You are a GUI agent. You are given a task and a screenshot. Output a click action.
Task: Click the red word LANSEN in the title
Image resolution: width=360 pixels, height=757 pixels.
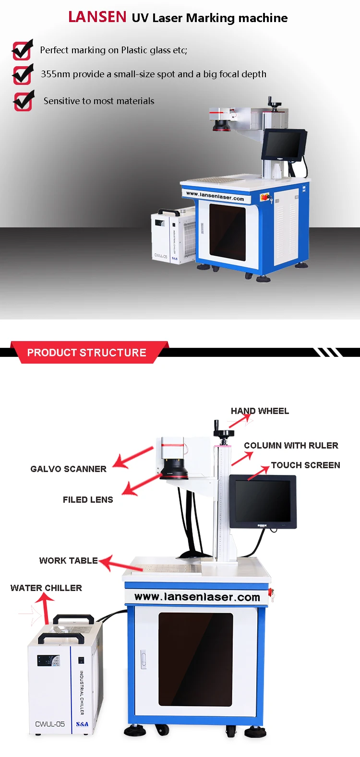tap(97, 17)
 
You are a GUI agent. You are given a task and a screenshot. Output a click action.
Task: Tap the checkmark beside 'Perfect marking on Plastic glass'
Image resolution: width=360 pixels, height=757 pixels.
tap(22, 49)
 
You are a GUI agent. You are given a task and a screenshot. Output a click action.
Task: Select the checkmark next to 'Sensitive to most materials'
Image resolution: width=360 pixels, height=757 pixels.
tap(24, 101)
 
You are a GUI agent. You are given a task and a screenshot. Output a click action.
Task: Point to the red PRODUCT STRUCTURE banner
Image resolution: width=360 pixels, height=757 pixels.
tap(87, 353)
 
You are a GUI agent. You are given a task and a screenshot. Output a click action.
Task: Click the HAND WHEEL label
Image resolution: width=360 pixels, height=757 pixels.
tap(260, 411)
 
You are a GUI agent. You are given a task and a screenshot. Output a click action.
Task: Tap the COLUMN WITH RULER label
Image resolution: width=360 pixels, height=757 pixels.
tap(291, 446)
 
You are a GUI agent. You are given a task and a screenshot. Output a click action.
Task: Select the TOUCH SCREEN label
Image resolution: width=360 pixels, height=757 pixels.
tap(305, 465)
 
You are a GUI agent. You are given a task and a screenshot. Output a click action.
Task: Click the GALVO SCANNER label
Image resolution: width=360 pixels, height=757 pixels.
tap(68, 469)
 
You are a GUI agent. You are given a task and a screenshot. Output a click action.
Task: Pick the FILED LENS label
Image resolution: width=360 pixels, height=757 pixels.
tap(88, 500)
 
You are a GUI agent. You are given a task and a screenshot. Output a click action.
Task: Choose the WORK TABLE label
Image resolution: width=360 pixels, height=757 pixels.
tap(68, 561)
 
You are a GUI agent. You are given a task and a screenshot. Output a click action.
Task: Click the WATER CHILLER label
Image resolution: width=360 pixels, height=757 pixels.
tap(46, 588)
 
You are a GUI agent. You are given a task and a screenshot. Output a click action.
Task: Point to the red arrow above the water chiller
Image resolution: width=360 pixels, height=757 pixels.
tap(46, 607)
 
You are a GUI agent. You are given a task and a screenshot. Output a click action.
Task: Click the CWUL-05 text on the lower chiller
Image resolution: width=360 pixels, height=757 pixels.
tap(50, 724)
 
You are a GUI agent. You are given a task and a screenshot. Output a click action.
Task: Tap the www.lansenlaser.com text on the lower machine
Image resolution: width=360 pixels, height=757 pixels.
tap(197, 597)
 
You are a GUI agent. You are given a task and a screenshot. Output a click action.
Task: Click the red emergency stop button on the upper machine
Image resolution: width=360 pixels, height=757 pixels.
tap(264, 197)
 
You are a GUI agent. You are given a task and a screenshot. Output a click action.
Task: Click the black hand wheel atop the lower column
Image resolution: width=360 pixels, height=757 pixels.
tap(223, 433)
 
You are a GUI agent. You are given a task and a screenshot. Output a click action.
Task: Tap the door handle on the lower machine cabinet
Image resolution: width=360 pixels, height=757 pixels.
tap(143, 659)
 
